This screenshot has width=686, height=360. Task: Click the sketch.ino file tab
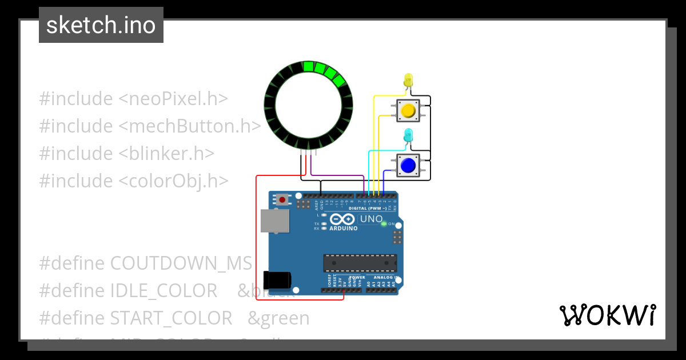[101, 25]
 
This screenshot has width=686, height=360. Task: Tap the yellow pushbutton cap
[408, 110]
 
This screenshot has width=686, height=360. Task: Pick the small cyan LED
[408, 135]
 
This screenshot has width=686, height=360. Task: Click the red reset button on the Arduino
[282, 199]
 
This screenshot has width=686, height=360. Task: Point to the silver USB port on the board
[274, 221]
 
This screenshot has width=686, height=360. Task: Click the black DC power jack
[277, 280]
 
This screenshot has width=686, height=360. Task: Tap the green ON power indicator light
[384, 223]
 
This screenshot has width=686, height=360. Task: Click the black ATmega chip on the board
[360, 263]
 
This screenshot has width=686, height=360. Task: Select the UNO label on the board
[372, 219]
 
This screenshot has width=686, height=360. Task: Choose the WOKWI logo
[607, 315]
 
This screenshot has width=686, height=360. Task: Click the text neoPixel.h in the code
[174, 99]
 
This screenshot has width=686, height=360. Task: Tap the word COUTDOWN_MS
[181, 263]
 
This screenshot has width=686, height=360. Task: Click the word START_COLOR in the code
[171, 318]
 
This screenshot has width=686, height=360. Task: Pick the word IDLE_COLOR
[163, 291]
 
